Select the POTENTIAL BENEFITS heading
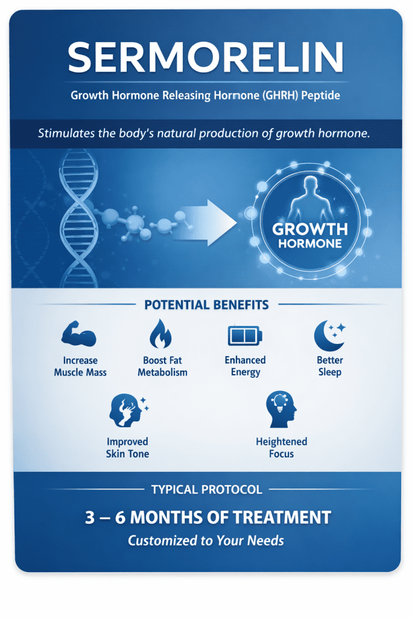tap(206, 305)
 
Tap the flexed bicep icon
tap(79, 334)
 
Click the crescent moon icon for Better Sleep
tap(329, 334)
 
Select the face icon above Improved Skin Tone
tap(126, 410)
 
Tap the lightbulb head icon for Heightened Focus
tap(280, 409)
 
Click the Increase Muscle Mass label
tap(80, 366)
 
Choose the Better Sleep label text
tap(329, 366)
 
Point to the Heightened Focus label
tap(281, 447)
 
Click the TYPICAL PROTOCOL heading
tap(206, 489)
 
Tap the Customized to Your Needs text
tap(206, 540)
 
